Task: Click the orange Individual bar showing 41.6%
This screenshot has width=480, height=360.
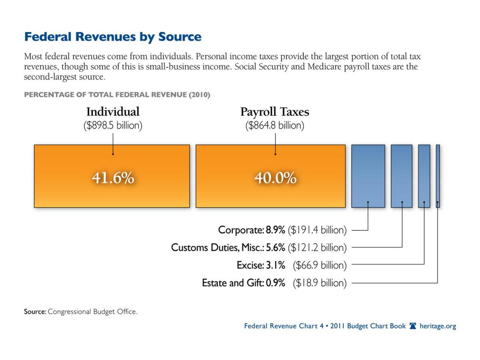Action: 112,192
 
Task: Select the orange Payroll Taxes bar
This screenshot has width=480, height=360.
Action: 270,192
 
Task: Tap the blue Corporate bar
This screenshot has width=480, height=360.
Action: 368,176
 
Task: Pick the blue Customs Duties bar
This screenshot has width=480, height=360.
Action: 402,176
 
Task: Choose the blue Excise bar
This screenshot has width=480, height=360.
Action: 424,176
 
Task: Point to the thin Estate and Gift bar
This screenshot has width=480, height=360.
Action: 438,176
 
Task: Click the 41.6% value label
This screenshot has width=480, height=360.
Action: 113,178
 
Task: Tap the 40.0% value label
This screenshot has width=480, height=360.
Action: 275,178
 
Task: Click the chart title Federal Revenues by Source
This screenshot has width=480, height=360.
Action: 113,37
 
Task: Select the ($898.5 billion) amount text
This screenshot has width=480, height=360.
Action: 113,126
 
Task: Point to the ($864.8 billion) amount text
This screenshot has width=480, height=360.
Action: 275,126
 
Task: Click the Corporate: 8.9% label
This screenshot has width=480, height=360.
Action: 252,230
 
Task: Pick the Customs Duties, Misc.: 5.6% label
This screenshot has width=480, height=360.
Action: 228,248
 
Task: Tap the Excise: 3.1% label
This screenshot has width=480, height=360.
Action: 261,265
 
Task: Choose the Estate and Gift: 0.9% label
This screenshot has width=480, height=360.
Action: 243,283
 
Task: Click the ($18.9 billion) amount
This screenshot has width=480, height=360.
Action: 320,283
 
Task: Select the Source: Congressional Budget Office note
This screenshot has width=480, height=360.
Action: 81,312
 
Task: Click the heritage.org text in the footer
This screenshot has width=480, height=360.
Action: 438,326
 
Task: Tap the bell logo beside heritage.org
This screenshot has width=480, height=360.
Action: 413,326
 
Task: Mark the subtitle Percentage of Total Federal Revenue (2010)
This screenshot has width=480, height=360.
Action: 117,95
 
